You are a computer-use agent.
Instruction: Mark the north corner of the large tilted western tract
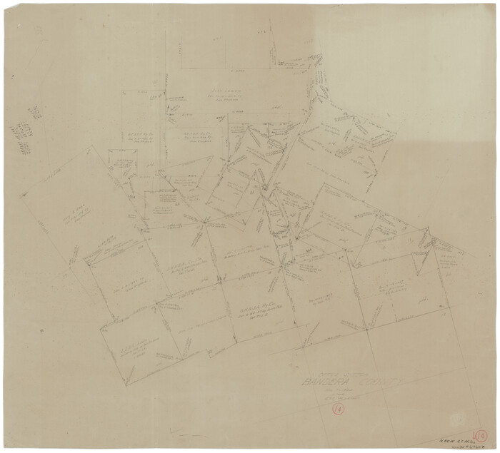tap(89, 147)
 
